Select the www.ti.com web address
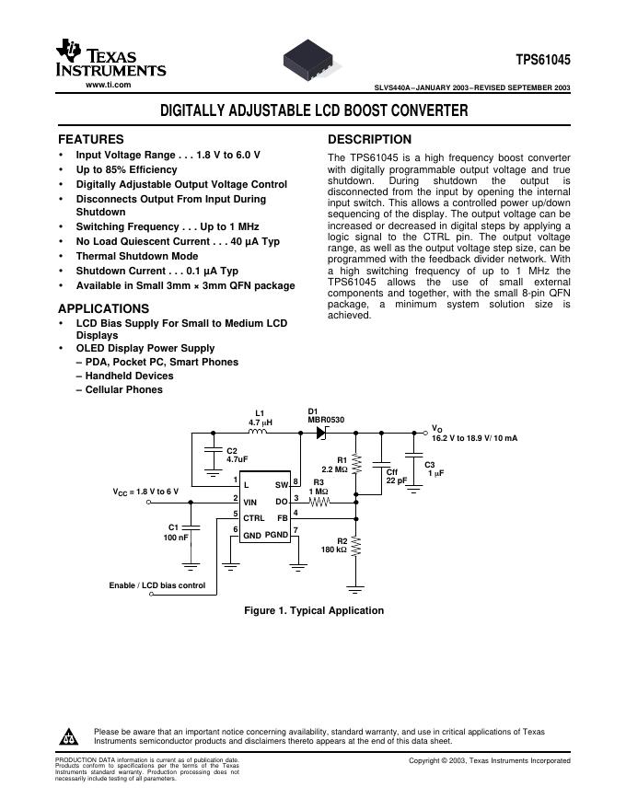point(108,85)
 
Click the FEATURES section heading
point(91,139)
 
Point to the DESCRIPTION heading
point(370,139)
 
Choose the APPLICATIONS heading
point(103,308)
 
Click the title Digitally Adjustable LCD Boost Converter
point(314,111)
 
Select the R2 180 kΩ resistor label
point(333,546)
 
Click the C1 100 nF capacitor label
point(176,532)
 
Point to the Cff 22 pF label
point(397,476)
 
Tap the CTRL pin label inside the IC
point(254,518)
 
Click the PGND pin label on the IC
point(277,534)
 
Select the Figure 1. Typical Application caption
point(313,610)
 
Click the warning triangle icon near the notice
point(70,738)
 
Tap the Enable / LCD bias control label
point(157,585)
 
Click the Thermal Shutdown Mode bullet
point(136,256)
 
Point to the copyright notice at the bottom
point(490,760)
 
